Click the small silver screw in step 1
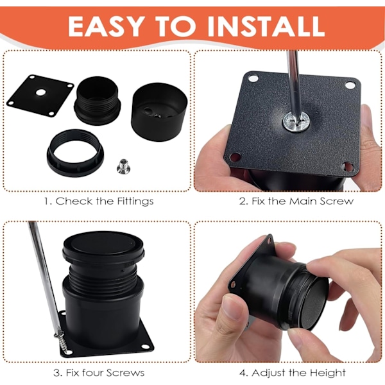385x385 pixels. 123,166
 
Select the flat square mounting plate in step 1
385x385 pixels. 40,96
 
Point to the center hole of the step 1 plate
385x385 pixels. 41,92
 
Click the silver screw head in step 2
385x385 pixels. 296,121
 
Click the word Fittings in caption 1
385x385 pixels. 135,201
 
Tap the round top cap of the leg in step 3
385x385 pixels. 103,246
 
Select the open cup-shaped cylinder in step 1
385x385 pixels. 159,112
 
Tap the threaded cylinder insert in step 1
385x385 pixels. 98,101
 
